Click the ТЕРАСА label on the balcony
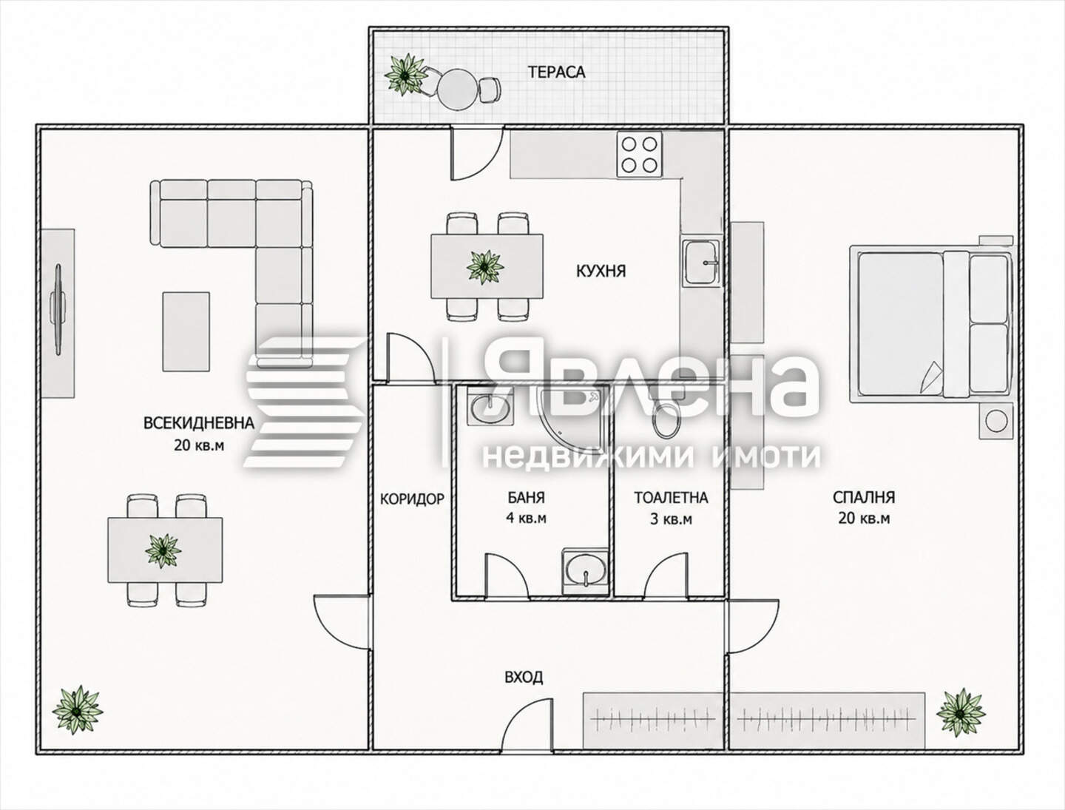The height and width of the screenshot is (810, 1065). [x=556, y=72]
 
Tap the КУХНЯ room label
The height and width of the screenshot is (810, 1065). [x=601, y=271]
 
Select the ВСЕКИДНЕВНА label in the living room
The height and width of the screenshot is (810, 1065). [x=199, y=422]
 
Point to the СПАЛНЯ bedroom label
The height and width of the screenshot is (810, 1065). [x=864, y=497]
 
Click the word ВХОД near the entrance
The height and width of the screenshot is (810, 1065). [x=524, y=678]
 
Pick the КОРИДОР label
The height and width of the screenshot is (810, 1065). [x=412, y=499]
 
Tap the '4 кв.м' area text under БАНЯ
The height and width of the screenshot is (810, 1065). [x=526, y=519]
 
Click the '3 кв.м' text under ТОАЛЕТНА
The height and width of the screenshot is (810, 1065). [x=671, y=519]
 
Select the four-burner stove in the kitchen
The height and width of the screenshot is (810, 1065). [x=639, y=155]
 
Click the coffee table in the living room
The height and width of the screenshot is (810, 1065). [x=186, y=331]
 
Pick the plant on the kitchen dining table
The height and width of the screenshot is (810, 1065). [x=484, y=267]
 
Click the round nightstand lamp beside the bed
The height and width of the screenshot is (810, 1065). [x=996, y=421]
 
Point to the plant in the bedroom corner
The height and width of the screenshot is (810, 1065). [x=961, y=712]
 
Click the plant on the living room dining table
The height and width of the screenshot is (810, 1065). [x=163, y=550]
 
